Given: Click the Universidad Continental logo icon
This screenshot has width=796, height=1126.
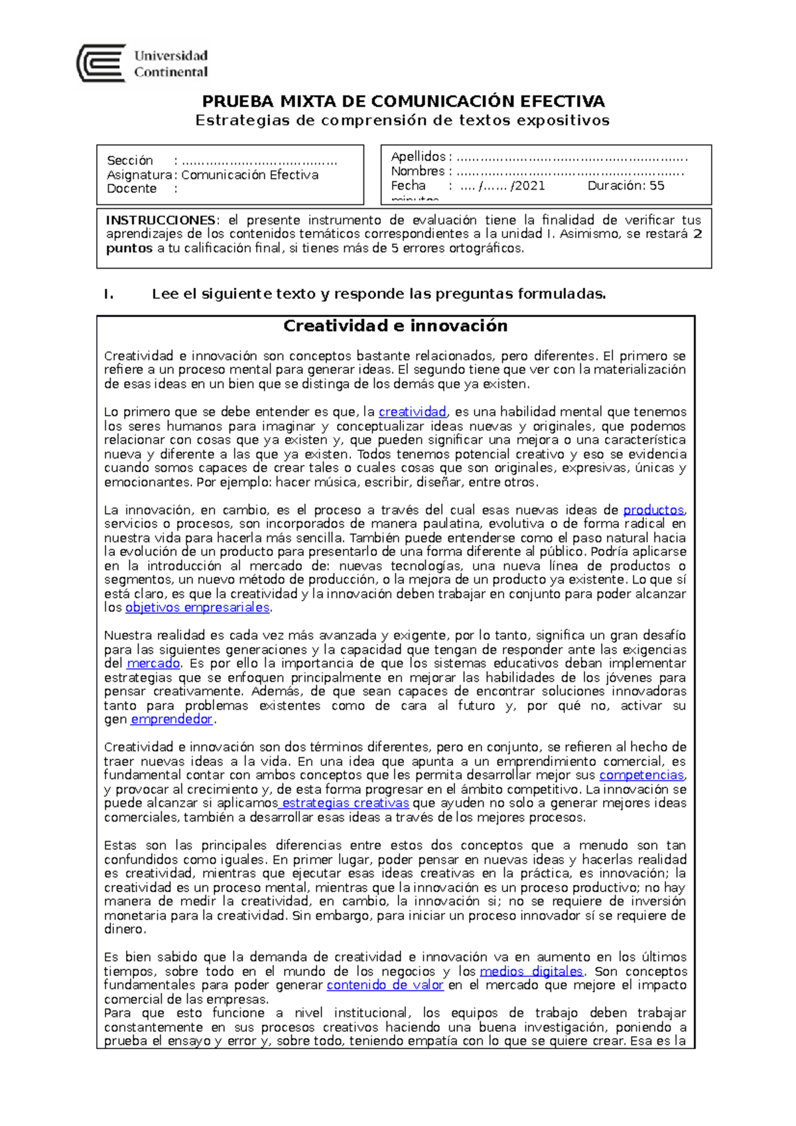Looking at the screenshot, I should tap(101, 63).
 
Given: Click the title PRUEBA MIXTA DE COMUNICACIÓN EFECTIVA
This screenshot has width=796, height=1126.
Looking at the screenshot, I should tap(403, 101).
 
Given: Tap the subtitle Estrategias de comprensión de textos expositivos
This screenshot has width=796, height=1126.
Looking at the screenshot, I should tap(402, 121).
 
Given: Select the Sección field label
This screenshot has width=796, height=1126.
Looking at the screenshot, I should tap(130, 160).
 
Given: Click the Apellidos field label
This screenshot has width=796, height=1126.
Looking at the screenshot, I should tap(419, 156).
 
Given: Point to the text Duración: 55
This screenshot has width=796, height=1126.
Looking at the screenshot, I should tap(626, 186).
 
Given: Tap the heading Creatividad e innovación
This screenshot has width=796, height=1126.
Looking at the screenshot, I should tap(395, 326).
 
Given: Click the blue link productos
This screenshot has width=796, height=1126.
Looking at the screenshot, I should tap(653, 510).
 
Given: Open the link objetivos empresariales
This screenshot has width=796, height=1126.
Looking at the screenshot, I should tap(198, 607).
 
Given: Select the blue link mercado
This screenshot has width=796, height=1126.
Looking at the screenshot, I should tap(153, 663).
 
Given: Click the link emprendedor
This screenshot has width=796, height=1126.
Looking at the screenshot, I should tap(171, 719).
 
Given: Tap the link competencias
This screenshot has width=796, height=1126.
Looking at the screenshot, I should tap(641, 775).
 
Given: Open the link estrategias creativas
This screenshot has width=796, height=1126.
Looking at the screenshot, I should tap(345, 803).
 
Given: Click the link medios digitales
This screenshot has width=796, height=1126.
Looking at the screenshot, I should tap(531, 971).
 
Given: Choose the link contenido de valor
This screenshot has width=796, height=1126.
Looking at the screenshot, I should tap(385, 985).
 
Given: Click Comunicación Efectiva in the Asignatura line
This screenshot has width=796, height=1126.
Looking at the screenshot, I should tap(249, 175).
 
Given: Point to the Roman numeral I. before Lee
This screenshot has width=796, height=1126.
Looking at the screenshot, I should tap(109, 294).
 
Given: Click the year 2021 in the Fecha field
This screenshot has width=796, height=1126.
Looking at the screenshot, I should tap(529, 186).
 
